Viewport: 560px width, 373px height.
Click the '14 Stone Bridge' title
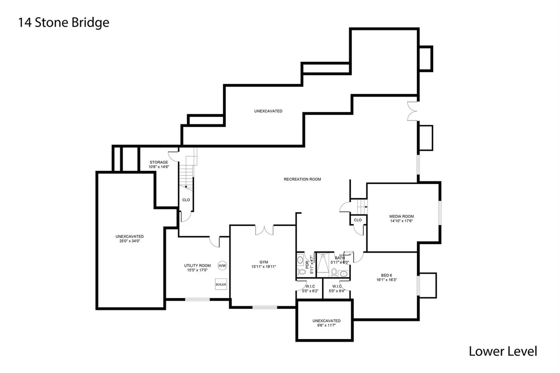(x=64, y=23)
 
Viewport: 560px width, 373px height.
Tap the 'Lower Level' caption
(x=503, y=351)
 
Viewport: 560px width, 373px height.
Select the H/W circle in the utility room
(x=222, y=266)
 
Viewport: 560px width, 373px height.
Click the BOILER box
(x=221, y=285)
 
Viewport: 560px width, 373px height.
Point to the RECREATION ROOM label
(x=302, y=179)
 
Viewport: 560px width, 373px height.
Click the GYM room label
(x=263, y=262)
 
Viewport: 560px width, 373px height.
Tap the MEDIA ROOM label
(x=401, y=216)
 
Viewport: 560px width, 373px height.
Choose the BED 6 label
(x=387, y=275)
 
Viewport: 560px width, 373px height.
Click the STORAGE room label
(x=159, y=162)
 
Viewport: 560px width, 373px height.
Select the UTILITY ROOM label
(x=197, y=266)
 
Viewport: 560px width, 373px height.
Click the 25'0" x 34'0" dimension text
(x=130, y=241)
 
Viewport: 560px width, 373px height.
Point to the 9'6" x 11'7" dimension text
(x=326, y=325)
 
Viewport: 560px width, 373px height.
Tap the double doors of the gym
(x=264, y=230)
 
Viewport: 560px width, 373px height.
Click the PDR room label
(x=307, y=265)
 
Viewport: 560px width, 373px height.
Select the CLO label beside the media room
(x=358, y=220)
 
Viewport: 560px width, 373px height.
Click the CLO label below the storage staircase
(x=186, y=200)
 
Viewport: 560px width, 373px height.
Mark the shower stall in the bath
(x=323, y=265)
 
